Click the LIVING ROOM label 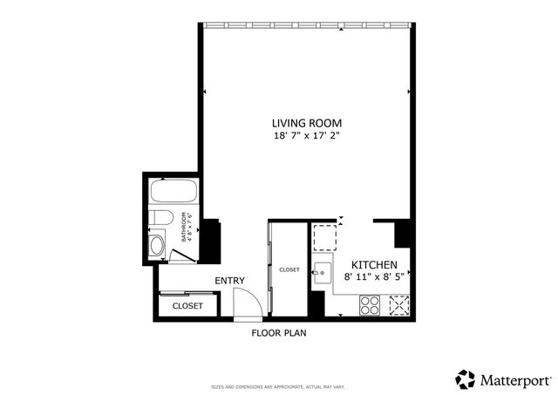point(306,123)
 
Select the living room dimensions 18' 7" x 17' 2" point(306,137)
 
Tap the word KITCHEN point(374,264)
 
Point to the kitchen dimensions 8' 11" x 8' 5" point(374,277)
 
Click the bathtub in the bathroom point(174,192)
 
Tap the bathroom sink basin point(157,245)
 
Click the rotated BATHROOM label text point(184,227)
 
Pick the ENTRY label point(229,281)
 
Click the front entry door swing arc point(248,303)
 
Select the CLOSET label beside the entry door point(187,306)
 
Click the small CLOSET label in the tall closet point(289,270)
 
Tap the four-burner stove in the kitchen point(370,305)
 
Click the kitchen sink point(322,272)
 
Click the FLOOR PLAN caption point(279,332)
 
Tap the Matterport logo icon point(466,378)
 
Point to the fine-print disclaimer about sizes point(279,386)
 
